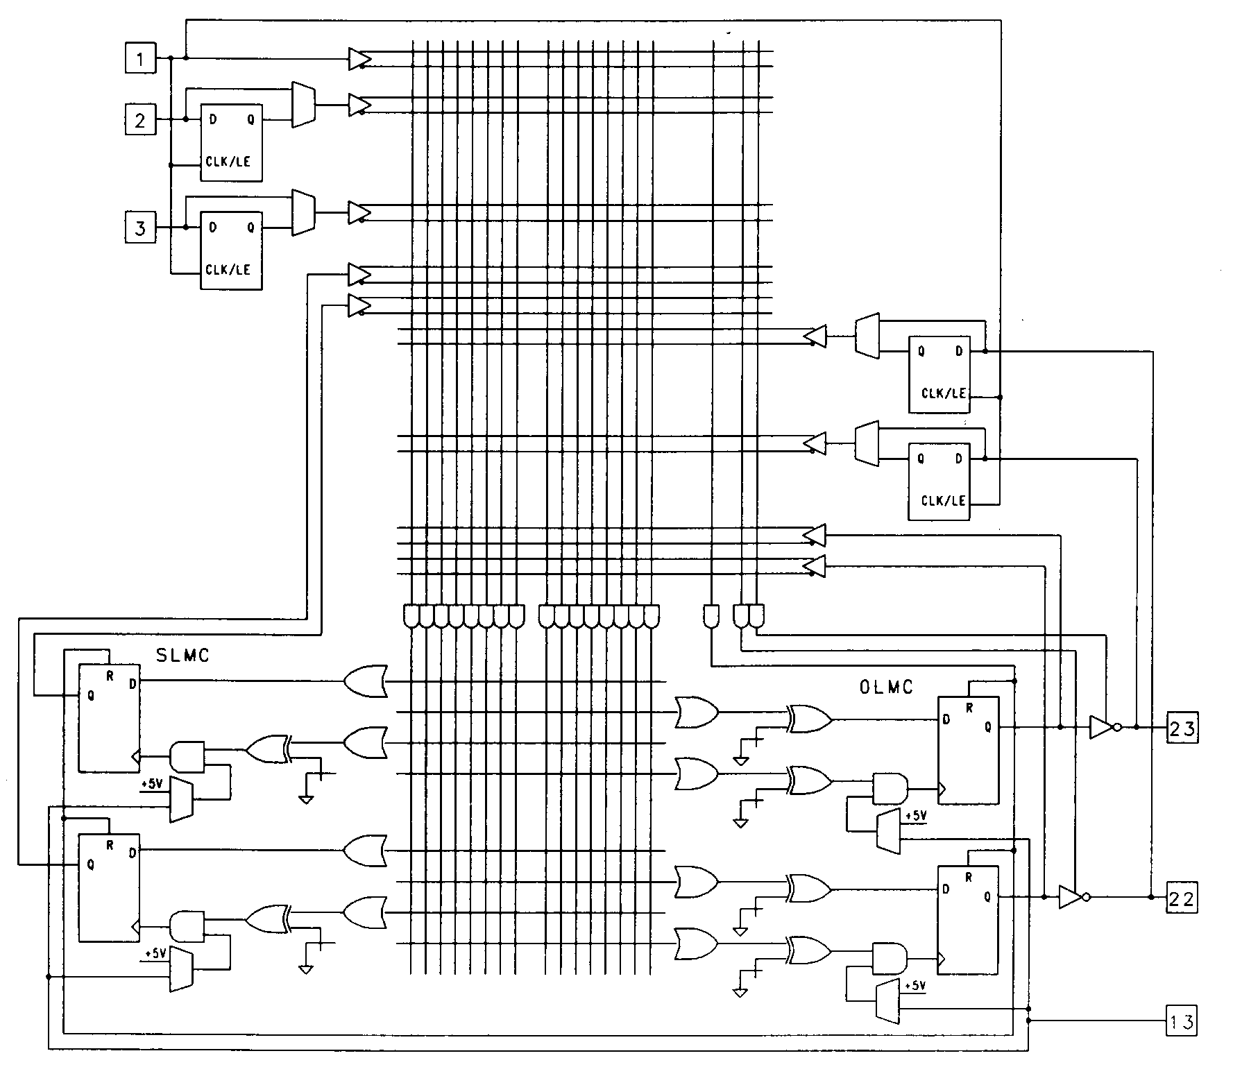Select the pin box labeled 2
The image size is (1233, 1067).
pyautogui.click(x=140, y=119)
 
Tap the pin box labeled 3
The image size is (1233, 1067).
pyautogui.click(x=140, y=228)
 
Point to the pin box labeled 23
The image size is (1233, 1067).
pyautogui.click(x=1182, y=728)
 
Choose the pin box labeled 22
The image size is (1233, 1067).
pyautogui.click(x=1182, y=899)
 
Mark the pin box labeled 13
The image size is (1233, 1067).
pyautogui.click(x=1182, y=1021)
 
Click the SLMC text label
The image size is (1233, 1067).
pyautogui.click(x=182, y=656)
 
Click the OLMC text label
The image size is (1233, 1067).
pyautogui.click(x=886, y=688)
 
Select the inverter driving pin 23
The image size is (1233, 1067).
pyautogui.click(x=1101, y=727)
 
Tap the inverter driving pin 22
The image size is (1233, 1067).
pyautogui.click(x=1071, y=897)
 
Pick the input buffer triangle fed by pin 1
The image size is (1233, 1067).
pyautogui.click(x=359, y=59)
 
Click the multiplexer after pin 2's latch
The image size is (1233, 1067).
pyautogui.click(x=303, y=105)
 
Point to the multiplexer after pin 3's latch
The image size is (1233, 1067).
pyautogui.click(x=303, y=212)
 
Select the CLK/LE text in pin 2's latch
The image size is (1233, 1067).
pyautogui.click(x=228, y=162)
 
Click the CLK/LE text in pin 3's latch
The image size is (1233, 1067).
pyautogui.click(x=228, y=270)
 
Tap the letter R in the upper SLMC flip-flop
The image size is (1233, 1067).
pyautogui.click(x=110, y=676)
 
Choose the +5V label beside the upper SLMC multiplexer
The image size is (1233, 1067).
pyautogui.click(x=152, y=784)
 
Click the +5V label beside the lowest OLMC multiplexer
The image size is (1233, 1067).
pyautogui.click(x=916, y=986)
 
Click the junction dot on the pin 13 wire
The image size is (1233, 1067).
pyautogui.click(x=1028, y=1021)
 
